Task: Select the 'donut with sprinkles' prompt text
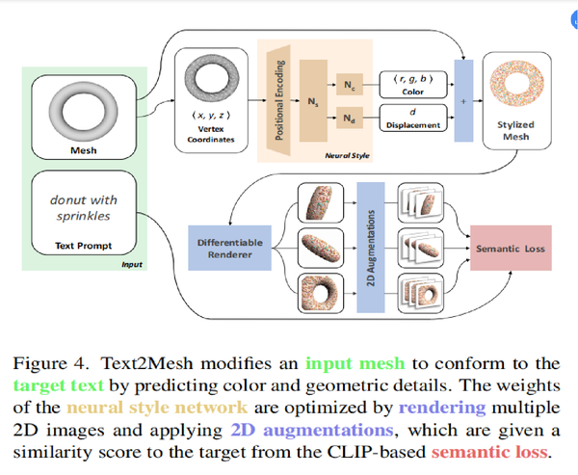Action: (x=83, y=208)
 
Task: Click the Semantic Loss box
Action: (x=509, y=249)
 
